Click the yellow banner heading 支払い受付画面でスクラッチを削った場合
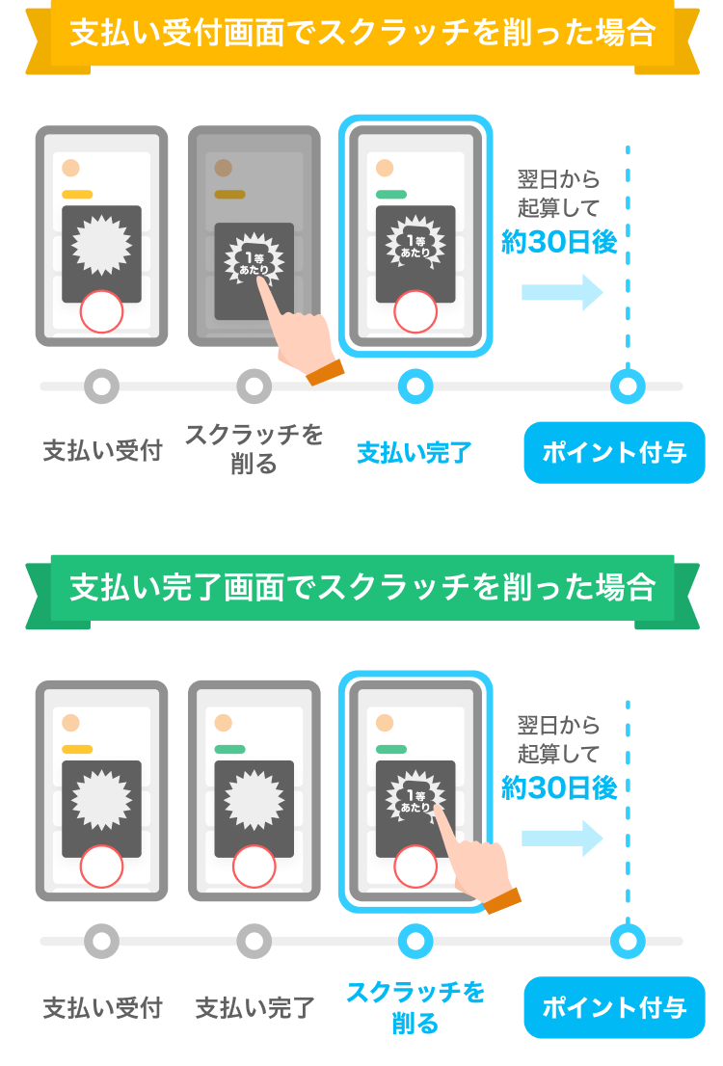pos(361,35)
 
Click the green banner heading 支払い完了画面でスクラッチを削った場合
pos(361,588)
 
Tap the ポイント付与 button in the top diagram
pos(614,452)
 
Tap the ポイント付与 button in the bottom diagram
pos(614,1007)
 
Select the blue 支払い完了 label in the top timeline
pos(414,452)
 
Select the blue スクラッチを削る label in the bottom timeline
pos(415,1007)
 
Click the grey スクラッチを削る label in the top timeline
pos(254,450)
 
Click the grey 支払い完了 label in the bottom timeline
pos(254,1008)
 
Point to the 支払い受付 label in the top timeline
pos(102,450)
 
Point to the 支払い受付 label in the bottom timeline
pos(102,1008)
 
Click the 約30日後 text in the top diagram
pos(558,242)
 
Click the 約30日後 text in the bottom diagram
pos(558,787)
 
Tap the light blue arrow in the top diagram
pos(561,292)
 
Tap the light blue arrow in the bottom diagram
pos(561,838)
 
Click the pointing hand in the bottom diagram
pos(477,863)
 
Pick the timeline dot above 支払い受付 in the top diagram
pos(101,386)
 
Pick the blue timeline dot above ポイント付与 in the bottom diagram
pos(628,941)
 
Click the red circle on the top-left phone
pos(101,312)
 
